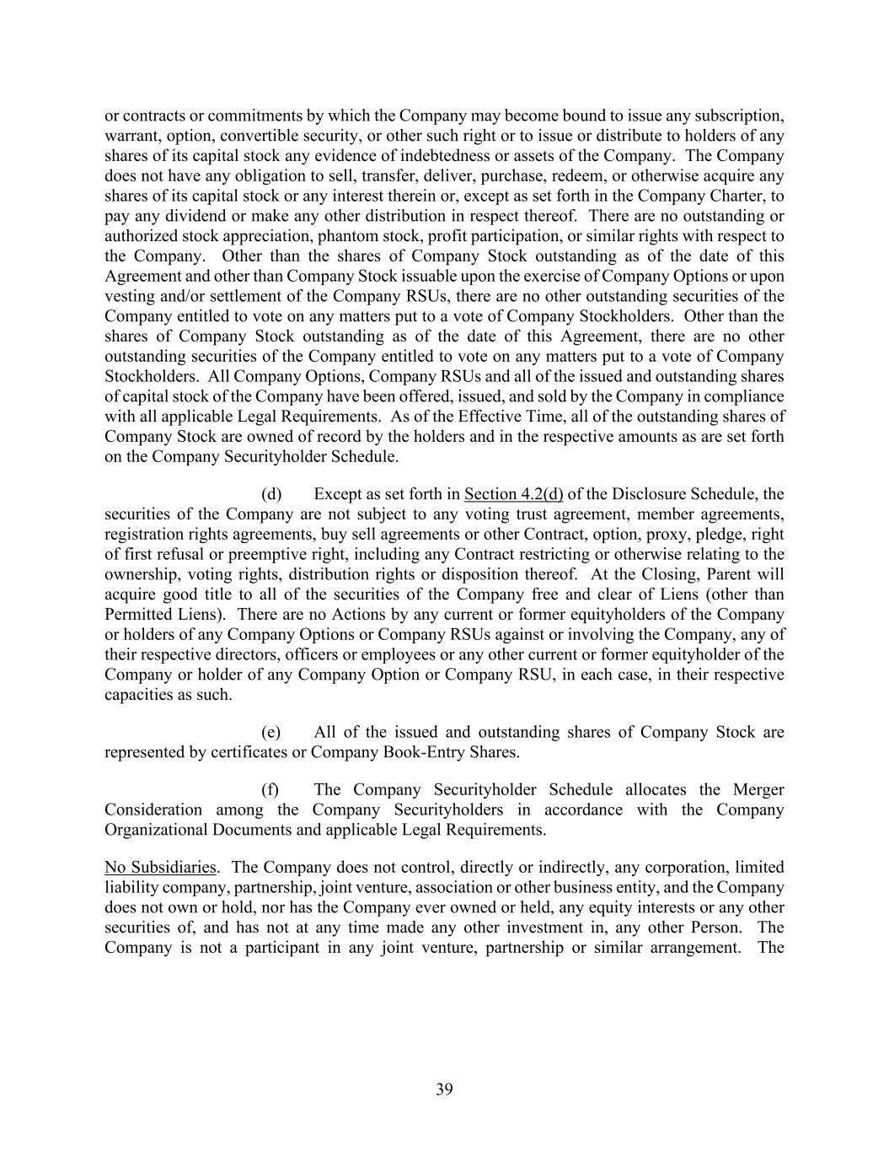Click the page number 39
click(444, 1089)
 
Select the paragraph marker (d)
click(271, 494)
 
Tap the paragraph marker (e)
click(271, 732)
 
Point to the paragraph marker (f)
click(270, 790)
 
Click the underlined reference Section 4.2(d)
click(514, 494)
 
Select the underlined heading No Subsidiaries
click(160, 868)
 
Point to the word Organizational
click(158, 830)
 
